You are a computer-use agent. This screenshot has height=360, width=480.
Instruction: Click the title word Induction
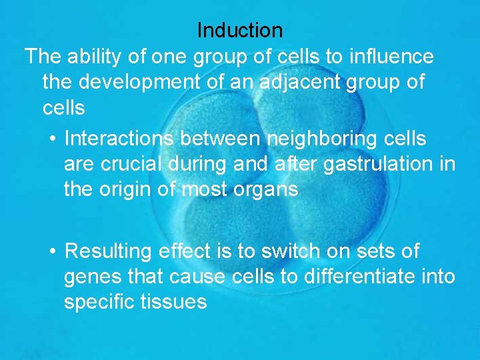[240, 30]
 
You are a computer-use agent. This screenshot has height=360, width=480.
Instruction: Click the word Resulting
[109, 251]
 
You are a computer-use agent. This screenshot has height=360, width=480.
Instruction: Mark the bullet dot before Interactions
[53, 139]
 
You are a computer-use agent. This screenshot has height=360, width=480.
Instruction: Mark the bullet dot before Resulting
[53, 251]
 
